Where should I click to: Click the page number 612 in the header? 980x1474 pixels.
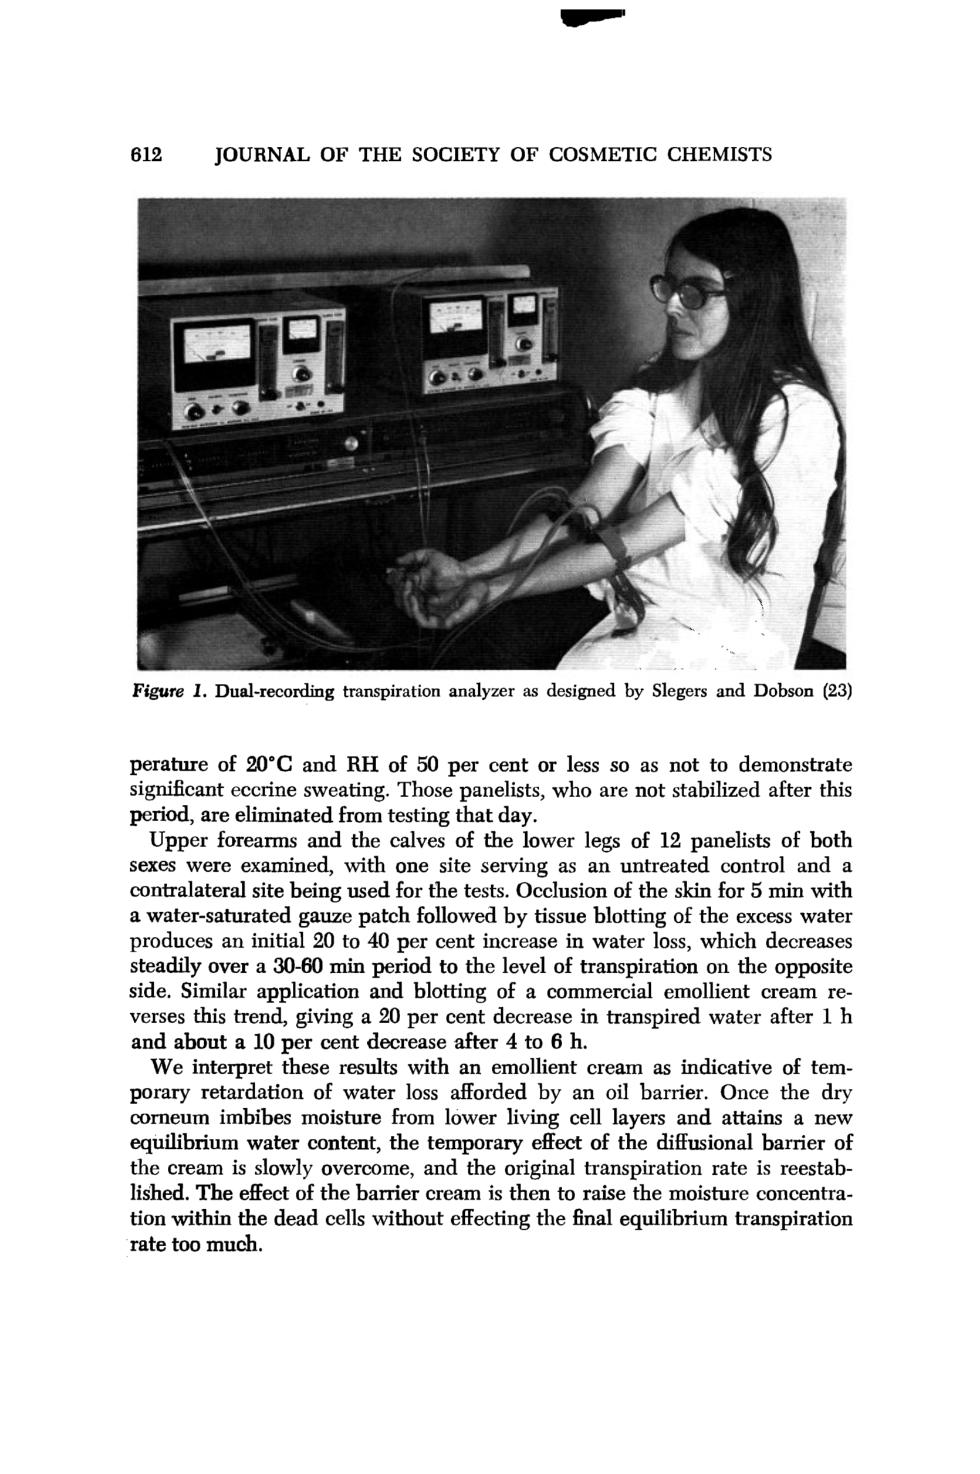pyautogui.click(x=146, y=154)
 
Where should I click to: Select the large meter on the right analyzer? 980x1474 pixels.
pyautogui.click(x=455, y=315)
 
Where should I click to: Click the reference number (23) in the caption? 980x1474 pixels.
pyautogui.click(x=837, y=692)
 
